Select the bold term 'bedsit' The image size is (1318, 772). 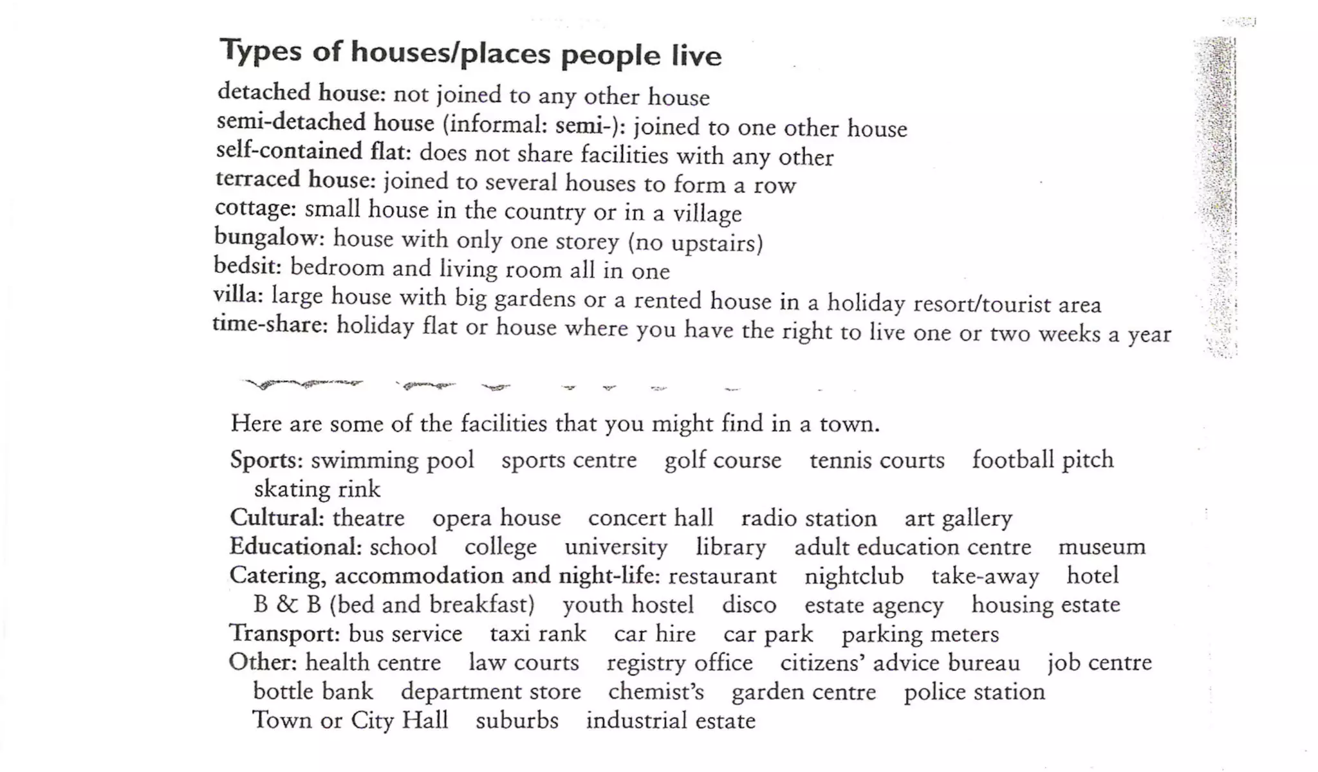click(x=247, y=265)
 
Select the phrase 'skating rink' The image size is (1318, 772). click(x=317, y=490)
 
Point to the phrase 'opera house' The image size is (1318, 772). click(x=496, y=518)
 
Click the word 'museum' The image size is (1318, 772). click(x=1102, y=547)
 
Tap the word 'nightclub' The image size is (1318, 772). click(x=853, y=576)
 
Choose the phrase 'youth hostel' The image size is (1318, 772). click(x=628, y=605)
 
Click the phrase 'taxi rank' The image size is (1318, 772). click(x=538, y=634)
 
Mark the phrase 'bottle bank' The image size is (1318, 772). click(x=313, y=692)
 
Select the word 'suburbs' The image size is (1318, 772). click(x=517, y=720)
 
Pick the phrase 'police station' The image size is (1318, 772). click(x=974, y=692)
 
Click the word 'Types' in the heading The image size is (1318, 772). click(x=261, y=51)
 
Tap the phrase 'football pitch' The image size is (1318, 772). click(x=1043, y=460)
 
